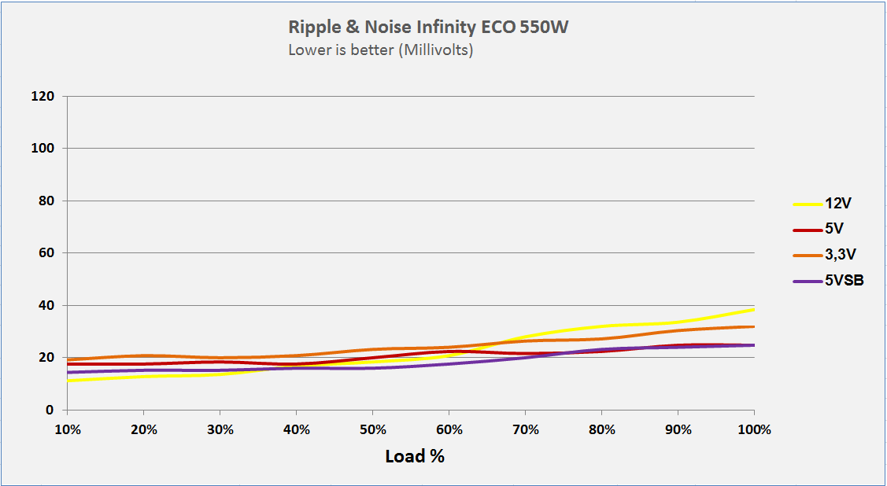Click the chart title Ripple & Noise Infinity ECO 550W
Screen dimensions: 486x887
point(428,28)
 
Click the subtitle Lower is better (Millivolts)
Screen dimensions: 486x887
point(380,51)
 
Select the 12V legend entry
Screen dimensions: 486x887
point(838,203)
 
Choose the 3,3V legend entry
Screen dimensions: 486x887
point(839,255)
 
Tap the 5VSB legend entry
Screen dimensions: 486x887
point(844,281)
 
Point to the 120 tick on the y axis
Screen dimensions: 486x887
point(43,96)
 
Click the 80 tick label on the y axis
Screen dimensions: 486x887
point(46,201)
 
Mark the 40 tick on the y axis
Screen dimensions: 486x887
point(46,305)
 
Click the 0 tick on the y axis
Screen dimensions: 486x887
point(50,410)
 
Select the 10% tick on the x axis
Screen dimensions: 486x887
point(67,430)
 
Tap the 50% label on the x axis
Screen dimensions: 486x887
point(372,430)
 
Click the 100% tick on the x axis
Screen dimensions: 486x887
point(754,430)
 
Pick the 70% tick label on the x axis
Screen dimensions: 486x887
point(525,430)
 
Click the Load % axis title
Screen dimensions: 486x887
point(415,456)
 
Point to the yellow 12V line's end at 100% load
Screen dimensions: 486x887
point(753,309)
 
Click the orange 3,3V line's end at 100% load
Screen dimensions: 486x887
point(753,326)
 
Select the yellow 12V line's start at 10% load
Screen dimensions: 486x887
point(68,381)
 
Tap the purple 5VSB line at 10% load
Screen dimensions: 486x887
point(68,372)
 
